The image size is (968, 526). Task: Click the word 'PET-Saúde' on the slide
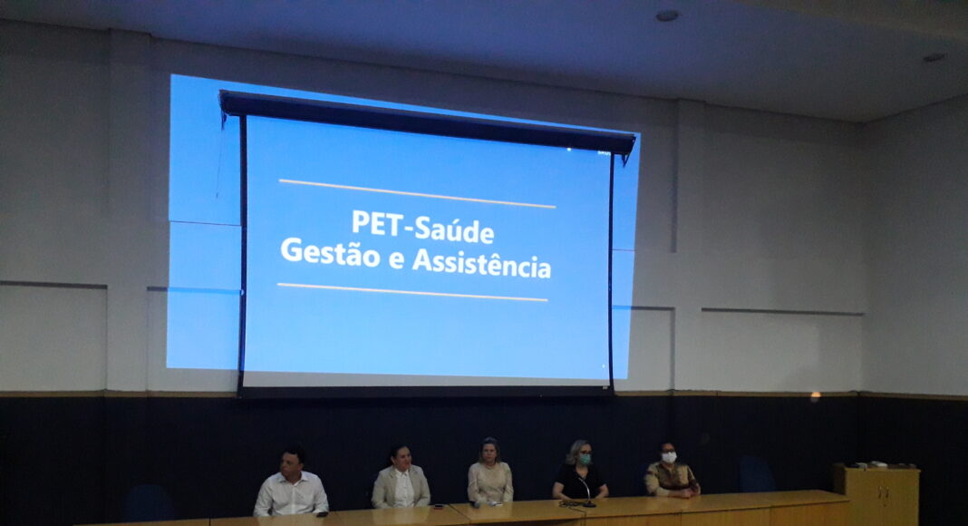(x=423, y=227)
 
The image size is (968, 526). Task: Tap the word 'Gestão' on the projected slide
(x=330, y=252)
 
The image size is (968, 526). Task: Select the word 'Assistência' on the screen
(x=481, y=262)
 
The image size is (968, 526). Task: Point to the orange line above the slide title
(x=417, y=193)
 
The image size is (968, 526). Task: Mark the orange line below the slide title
(x=412, y=292)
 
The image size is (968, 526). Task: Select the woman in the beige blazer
(x=401, y=477)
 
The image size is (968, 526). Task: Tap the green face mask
(x=585, y=459)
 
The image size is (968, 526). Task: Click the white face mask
(x=669, y=457)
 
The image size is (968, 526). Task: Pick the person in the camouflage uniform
(x=671, y=471)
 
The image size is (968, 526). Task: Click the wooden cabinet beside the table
(x=876, y=495)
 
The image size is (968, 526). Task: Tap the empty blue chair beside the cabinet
(x=756, y=474)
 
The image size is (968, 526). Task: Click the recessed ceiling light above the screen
(x=667, y=15)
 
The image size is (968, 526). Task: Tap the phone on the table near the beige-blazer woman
(x=440, y=508)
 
